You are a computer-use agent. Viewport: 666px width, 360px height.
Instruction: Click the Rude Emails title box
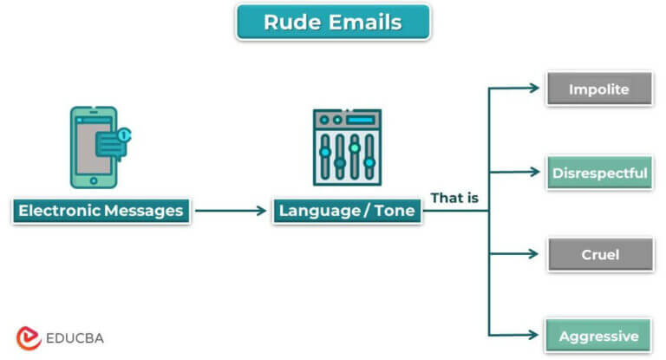click(x=333, y=22)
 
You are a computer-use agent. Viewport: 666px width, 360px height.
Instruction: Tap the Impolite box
click(x=598, y=89)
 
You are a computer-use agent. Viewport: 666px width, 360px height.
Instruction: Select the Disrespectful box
click(x=598, y=173)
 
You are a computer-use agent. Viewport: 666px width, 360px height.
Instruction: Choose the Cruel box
click(x=598, y=254)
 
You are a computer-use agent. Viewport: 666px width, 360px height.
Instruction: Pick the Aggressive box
click(x=598, y=336)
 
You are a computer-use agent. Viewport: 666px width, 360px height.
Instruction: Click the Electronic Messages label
click(x=101, y=210)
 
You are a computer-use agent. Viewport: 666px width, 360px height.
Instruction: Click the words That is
click(x=454, y=199)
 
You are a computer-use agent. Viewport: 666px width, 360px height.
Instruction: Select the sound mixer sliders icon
click(x=347, y=147)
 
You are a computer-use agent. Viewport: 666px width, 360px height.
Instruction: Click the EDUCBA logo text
click(x=75, y=337)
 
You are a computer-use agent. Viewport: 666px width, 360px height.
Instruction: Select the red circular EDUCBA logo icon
click(x=29, y=337)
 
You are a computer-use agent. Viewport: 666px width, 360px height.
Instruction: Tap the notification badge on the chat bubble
click(x=124, y=134)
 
